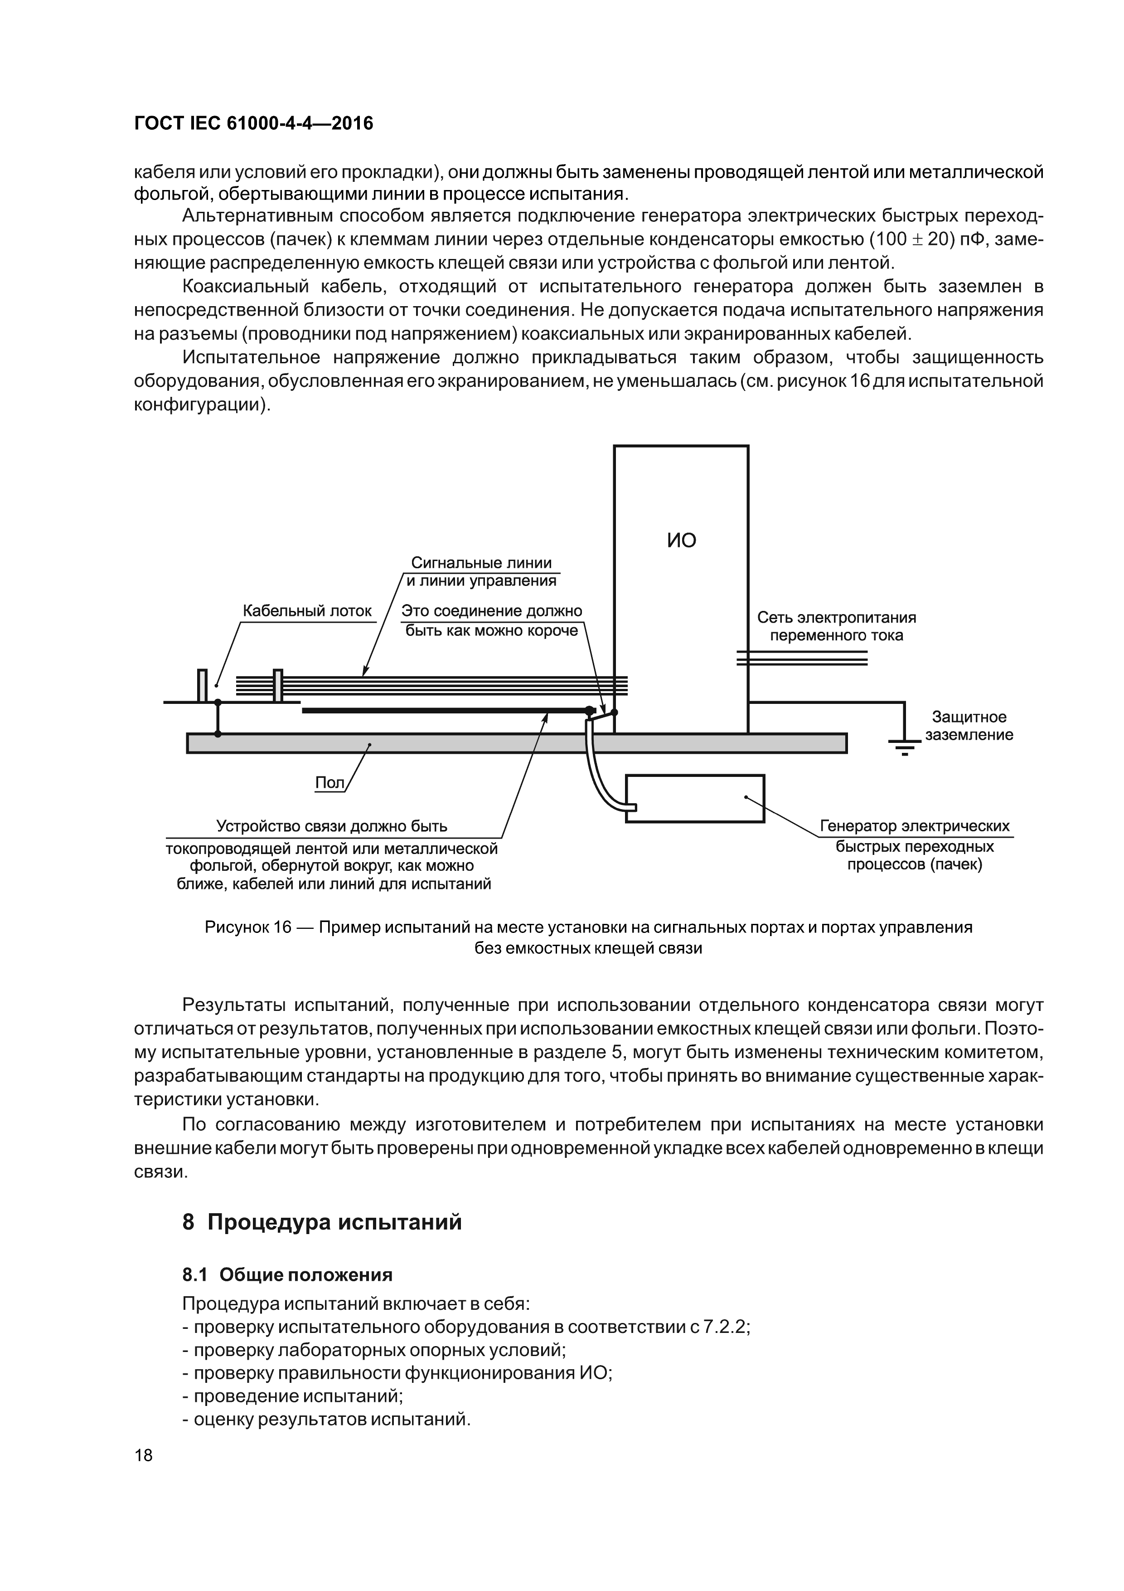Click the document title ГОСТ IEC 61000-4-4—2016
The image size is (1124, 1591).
pos(253,123)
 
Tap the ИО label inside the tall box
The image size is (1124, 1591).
pos(682,541)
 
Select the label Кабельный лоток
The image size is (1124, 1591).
pos(307,611)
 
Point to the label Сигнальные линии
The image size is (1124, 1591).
pos(481,563)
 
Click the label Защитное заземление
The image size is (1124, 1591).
pos(969,726)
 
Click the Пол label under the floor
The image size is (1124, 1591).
pos(329,782)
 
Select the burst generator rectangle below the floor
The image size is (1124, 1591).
pos(695,798)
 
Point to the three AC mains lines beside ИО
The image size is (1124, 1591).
pos(802,658)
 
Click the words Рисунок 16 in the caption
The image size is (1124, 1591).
pos(248,927)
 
